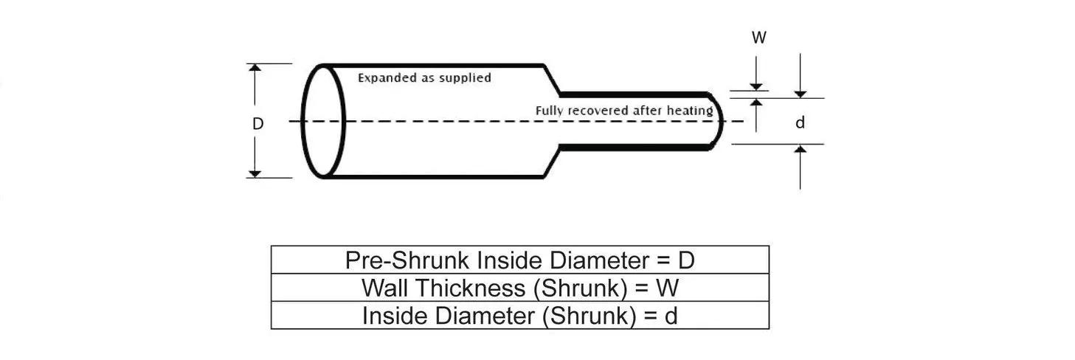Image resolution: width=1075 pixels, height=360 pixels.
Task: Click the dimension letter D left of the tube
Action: coord(257,124)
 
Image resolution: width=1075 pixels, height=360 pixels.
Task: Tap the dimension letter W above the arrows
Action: coord(758,38)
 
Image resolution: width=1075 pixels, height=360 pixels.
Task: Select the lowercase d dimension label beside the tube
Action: coord(800,123)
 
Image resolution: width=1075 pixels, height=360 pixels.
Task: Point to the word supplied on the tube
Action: coord(466,77)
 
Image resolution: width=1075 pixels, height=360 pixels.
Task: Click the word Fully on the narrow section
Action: coord(550,111)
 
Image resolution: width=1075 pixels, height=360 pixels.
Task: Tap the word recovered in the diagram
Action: coord(598,111)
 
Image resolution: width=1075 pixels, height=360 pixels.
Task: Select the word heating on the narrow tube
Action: coord(690,111)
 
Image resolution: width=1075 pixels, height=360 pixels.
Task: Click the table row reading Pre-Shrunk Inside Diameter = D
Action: coord(519,260)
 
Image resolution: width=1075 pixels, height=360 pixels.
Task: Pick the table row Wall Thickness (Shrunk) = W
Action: coord(519,288)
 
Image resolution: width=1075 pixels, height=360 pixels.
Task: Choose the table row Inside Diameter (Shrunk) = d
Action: coord(519,316)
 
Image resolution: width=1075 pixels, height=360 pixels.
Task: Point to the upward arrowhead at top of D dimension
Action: coord(255,68)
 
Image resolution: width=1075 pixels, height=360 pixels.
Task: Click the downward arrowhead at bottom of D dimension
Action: coord(255,173)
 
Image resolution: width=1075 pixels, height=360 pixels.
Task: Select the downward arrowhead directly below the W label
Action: coord(756,86)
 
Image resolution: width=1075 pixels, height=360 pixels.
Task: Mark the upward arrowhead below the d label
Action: coord(801,150)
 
